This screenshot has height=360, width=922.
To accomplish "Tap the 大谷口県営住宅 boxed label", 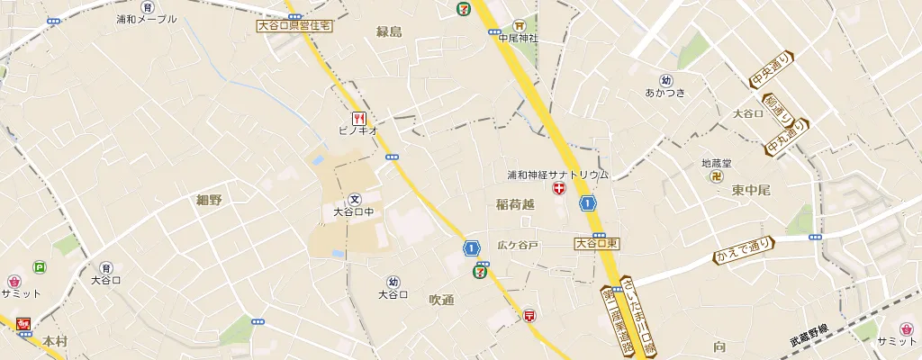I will coord(294,26).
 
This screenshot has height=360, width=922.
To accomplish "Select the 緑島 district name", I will coord(389,32).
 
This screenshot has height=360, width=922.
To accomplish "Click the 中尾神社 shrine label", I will coord(519,38).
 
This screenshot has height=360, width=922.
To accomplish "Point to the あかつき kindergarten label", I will coord(665,92).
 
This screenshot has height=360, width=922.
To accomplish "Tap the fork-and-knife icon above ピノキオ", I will coord(358,117).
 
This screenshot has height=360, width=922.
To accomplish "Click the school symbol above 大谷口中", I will coord(354,199).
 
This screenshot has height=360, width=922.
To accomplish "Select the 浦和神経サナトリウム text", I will coord(558,175).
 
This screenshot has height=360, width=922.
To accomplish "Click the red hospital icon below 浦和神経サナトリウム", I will coord(559,189).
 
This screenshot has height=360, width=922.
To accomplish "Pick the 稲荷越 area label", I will coord(515,205).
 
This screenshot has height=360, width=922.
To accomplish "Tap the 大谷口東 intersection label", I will coord(597,243).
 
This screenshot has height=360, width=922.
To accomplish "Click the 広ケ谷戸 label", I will coord(518,245).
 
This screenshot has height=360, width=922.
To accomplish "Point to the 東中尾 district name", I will coord(751,190).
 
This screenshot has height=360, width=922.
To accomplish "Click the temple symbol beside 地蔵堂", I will coord(718,176).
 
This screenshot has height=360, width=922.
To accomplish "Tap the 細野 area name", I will coord(209,200).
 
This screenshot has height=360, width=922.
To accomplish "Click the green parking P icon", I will coord(39,266).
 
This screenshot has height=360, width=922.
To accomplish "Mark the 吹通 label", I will coord(441,300).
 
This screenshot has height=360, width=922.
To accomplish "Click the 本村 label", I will coord(55,341).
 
